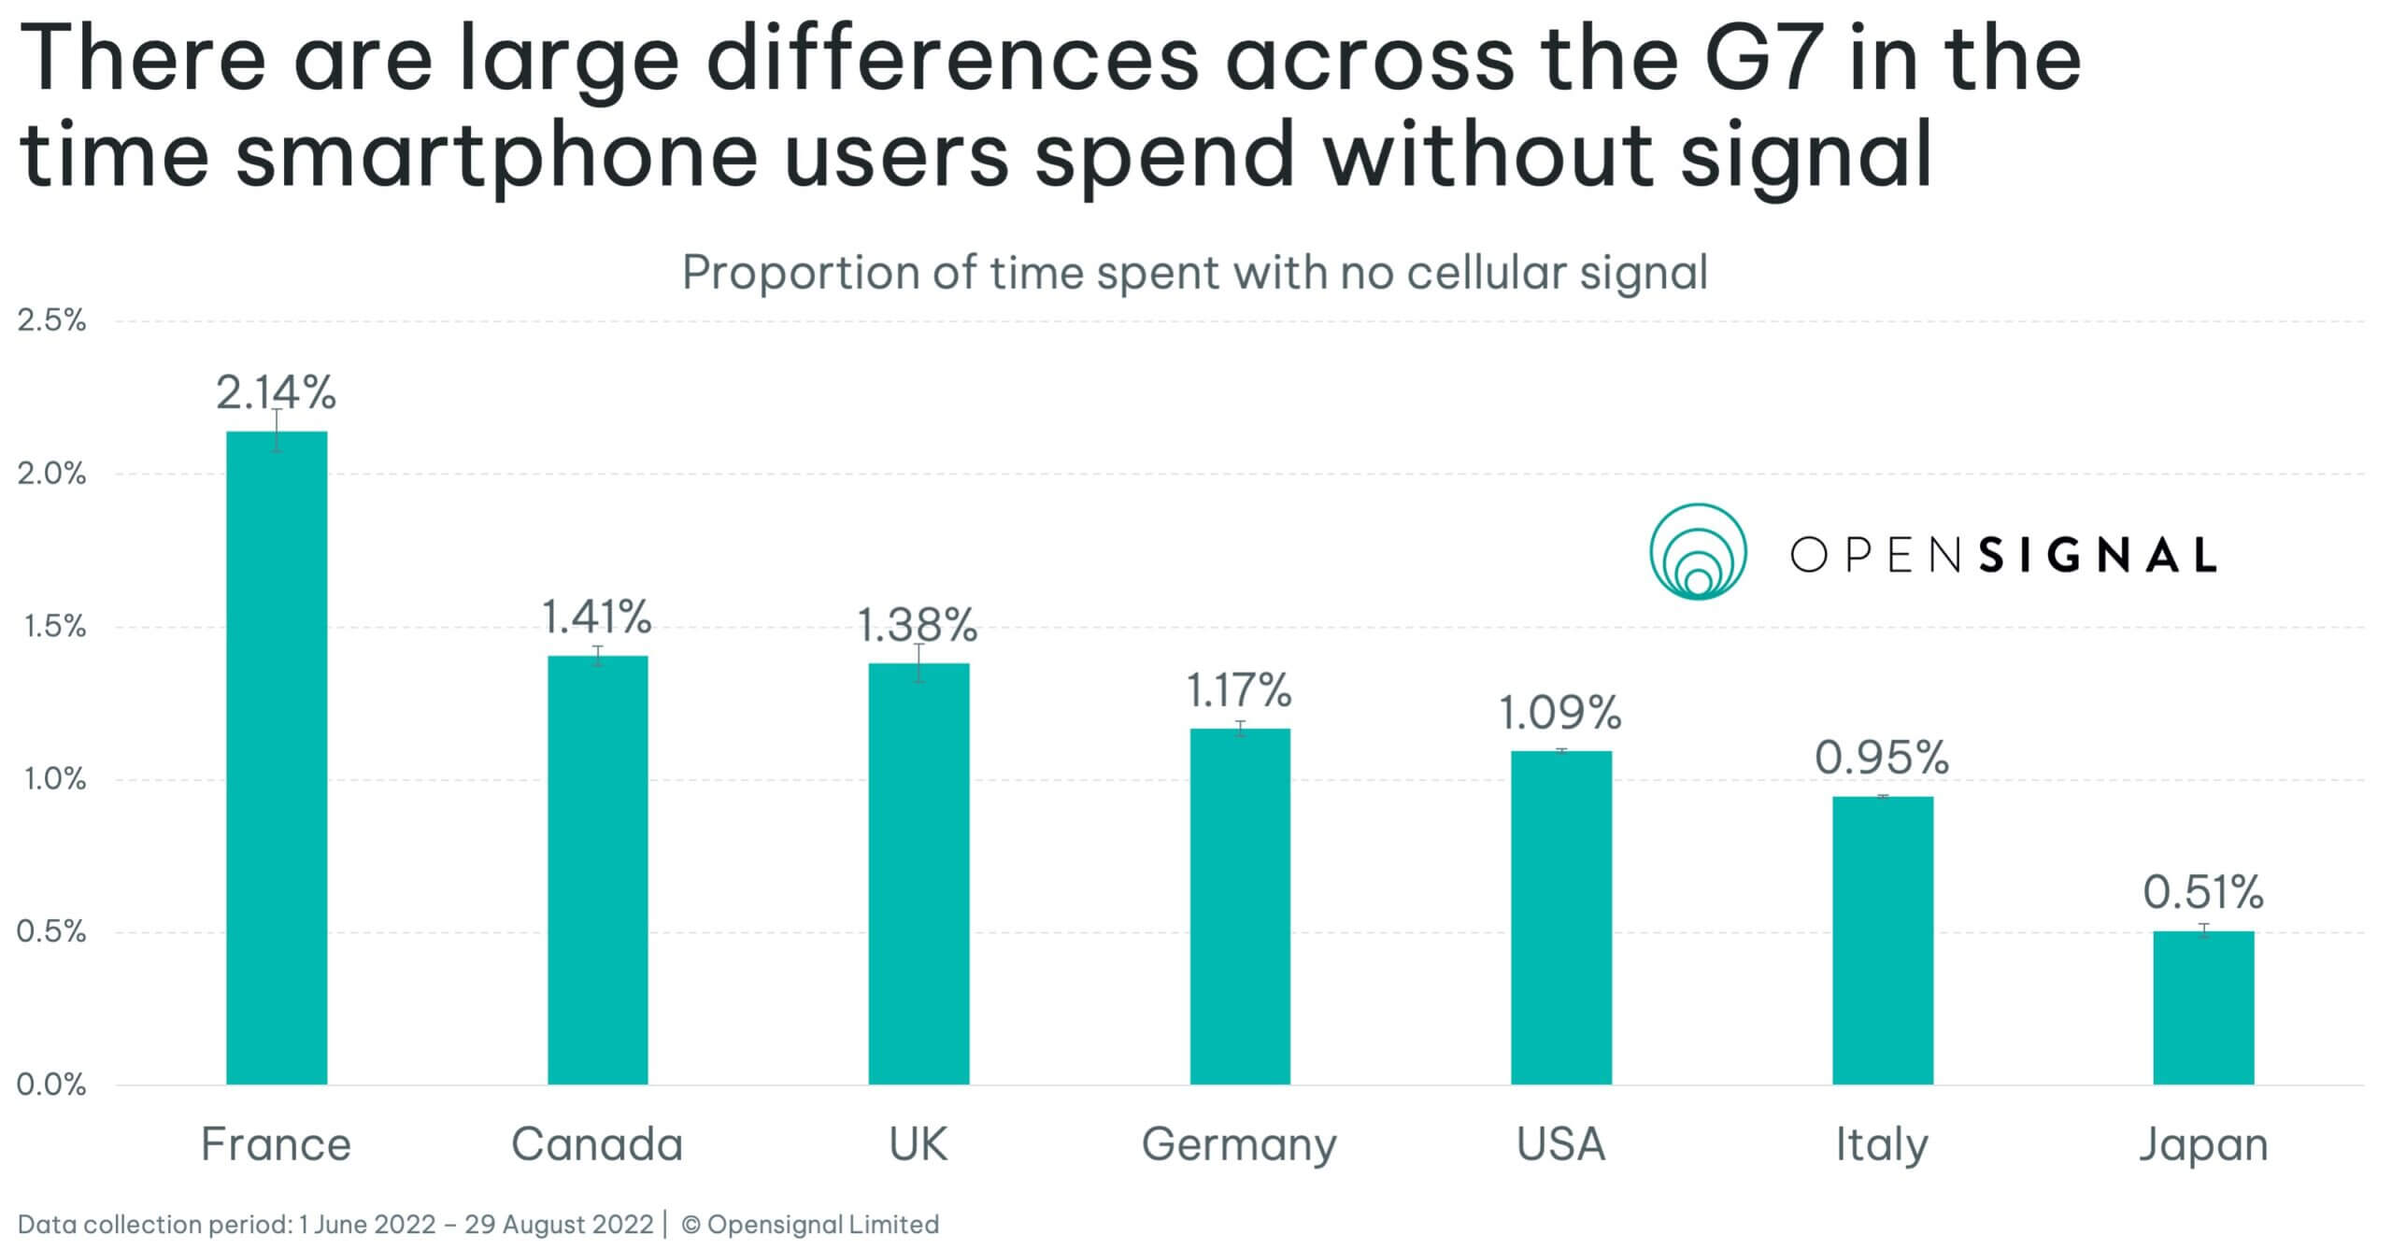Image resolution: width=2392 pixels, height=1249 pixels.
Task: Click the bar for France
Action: [277, 757]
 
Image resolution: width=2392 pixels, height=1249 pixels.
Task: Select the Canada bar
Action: [597, 869]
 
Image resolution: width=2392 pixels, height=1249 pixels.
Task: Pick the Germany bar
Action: [1239, 906]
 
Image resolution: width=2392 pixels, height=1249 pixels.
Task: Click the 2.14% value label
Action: [276, 392]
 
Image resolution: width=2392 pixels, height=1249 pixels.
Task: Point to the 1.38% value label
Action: [917, 625]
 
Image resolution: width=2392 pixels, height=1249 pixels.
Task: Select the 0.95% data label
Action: [1882, 757]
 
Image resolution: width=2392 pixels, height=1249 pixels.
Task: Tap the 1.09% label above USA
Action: [1559, 713]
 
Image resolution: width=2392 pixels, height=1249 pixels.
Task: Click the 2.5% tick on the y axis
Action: [51, 320]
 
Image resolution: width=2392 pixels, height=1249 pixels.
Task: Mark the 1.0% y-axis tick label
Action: [51, 779]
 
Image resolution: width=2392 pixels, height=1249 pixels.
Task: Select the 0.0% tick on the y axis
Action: [51, 1085]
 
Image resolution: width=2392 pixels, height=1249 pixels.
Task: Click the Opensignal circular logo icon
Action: [1698, 552]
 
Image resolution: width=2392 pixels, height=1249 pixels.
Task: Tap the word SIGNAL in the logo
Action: [2098, 555]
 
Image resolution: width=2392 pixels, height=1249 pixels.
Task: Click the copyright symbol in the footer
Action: [691, 1224]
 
